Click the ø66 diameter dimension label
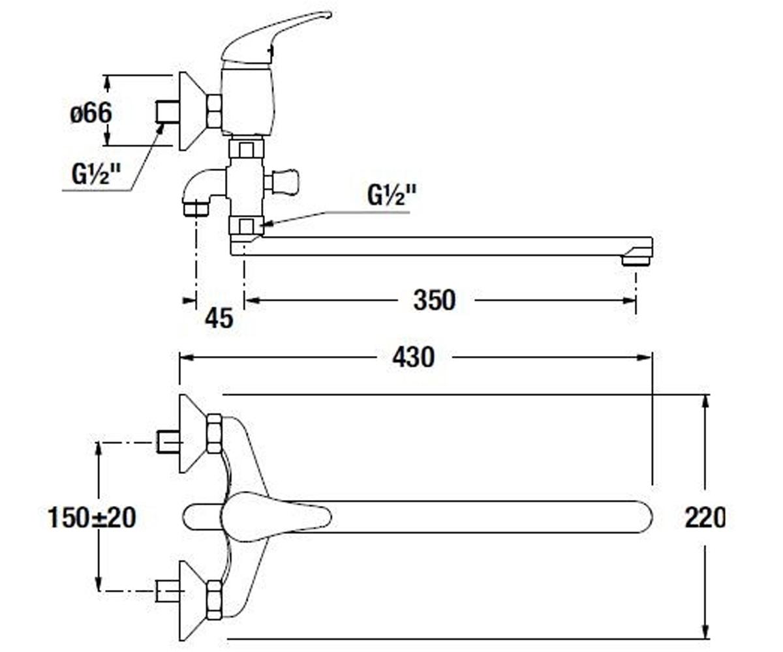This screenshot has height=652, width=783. pos(91,113)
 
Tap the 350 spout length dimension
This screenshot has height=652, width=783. pos(435,300)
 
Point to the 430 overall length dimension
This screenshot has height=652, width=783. pos(414,357)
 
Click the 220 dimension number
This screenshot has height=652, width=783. pos(705,518)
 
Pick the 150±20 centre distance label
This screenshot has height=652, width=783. pos(92,518)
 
